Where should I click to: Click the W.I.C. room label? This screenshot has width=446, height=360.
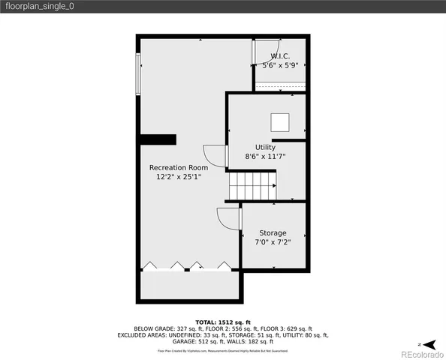point(279,56)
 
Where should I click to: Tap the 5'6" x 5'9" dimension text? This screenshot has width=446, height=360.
point(279,66)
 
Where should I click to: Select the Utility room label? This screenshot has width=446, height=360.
point(265,147)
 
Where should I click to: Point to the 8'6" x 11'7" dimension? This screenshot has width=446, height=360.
point(265,157)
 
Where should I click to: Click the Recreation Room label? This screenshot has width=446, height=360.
point(179,167)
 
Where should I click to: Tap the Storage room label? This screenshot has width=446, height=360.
point(273,233)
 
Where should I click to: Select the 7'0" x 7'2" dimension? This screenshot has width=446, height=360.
point(273,243)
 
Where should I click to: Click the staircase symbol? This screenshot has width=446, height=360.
point(252,185)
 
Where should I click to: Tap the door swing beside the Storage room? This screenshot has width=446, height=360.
point(228,220)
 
